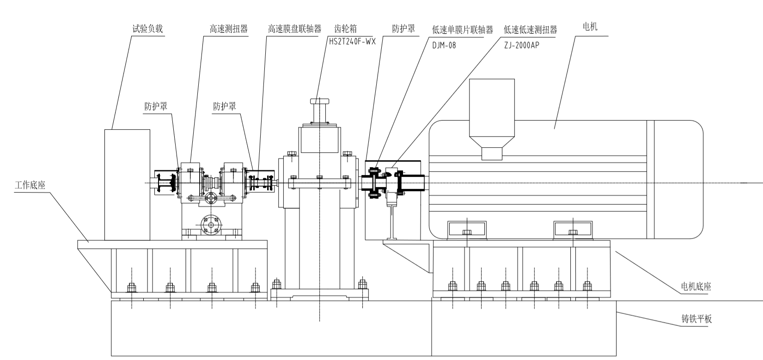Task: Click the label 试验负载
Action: [147, 29]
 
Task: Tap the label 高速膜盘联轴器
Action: [294, 29]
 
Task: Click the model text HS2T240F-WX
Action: [352, 41]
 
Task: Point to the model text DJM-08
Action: [444, 45]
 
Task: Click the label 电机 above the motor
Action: [590, 27]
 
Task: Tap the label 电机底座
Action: [696, 287]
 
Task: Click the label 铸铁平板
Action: [696, 319]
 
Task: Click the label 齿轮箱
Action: [345, 29]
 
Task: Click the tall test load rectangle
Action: [127, 185]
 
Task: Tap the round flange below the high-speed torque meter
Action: [211, 225]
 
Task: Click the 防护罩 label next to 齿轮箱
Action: [403, 29]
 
